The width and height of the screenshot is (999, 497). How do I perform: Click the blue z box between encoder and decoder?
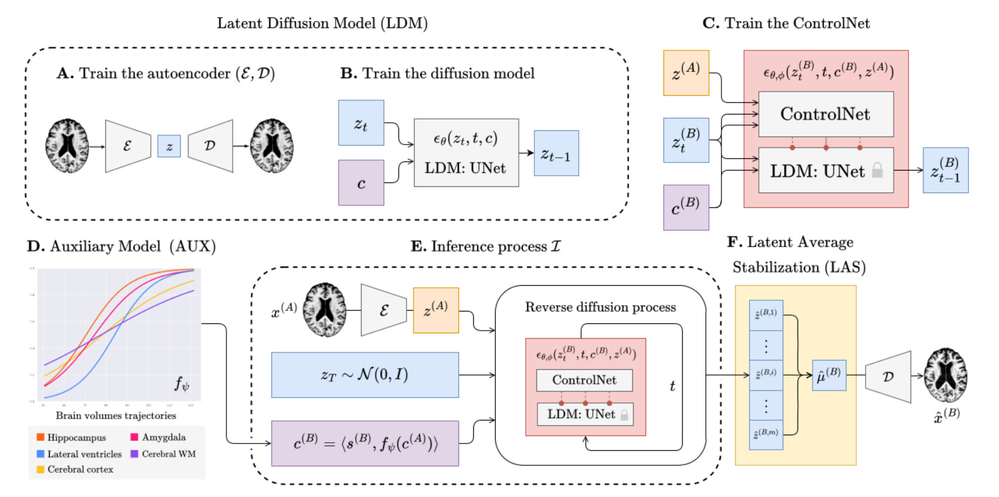point(169,146)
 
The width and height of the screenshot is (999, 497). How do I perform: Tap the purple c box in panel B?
point(361,182)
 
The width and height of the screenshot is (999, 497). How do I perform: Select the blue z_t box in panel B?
point(361,123)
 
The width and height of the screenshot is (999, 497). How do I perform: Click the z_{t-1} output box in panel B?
point(556,153)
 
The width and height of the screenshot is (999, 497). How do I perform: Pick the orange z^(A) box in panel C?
point(686,73)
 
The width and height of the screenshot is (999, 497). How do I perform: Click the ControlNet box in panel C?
point(826,114)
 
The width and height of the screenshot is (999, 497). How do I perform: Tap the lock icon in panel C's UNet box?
point(877,170)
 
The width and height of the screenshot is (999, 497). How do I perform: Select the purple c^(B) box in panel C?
point(686,207)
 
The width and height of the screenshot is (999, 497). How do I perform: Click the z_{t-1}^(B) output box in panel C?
point(945,170)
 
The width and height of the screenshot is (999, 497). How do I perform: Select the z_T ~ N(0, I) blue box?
point(365,375)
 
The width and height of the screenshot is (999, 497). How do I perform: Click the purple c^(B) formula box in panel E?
point(365,443)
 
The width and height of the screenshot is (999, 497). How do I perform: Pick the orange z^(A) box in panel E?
point(436,310)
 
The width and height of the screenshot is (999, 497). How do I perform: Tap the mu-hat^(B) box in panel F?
point(829,375)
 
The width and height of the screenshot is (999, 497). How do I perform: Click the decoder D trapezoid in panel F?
point(888,376)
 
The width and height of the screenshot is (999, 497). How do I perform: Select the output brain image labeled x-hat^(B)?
point(945,375)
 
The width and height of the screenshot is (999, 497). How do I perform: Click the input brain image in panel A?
point(67,146)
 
